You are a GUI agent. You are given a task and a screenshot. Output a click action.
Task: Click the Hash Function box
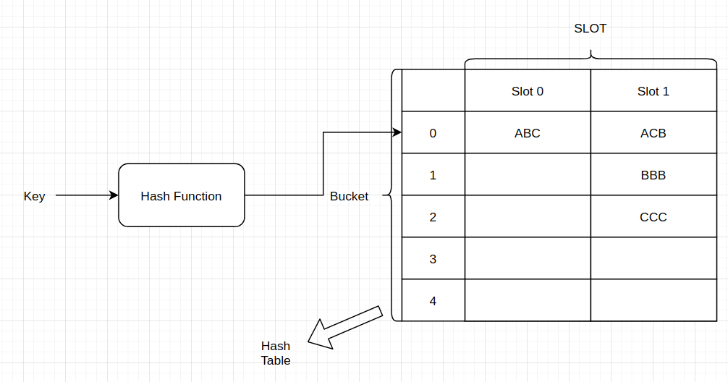181,195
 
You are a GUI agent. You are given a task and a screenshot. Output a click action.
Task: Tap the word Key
34,196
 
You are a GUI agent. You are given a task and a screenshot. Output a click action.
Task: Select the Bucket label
349,196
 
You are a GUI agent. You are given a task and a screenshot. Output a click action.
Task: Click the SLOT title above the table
590,29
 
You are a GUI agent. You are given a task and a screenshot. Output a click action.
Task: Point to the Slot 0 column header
527,91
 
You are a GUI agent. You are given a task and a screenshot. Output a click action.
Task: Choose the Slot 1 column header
653,91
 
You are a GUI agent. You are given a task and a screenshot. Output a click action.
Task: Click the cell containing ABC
527,133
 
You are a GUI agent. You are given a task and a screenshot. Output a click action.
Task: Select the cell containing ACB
653,133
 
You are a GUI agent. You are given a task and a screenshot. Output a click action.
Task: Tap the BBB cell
653,175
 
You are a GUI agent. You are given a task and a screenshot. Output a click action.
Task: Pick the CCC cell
653,217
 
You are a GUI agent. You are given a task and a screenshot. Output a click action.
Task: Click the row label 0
433,133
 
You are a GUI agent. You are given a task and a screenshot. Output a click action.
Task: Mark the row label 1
433,175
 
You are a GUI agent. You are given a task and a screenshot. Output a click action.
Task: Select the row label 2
433,217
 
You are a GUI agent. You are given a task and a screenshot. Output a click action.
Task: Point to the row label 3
433,259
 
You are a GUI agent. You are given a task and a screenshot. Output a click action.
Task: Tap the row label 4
433,301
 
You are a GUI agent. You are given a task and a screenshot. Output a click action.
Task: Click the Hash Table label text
276,353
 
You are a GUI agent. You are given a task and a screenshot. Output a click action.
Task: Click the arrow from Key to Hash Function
85,195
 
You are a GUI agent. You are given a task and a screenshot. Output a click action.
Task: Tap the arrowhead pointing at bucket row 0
397,132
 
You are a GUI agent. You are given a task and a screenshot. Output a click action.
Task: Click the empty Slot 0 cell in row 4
527,301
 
